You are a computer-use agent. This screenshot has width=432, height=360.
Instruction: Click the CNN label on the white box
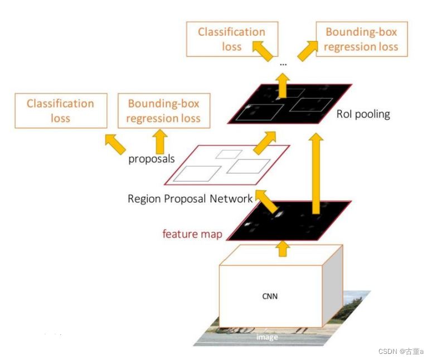click(270, 296)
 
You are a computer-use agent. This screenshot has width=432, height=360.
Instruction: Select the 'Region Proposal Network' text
click(190, 199)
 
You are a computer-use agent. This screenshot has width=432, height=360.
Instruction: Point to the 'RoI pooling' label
click(363, 114)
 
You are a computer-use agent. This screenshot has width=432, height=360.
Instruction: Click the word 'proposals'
click(152, 159)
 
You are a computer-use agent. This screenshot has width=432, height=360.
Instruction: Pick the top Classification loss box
click(232, 39)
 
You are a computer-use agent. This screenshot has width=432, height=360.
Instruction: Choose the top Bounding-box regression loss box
click(361, 39)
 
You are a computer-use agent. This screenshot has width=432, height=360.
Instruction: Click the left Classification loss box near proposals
click(60, 110)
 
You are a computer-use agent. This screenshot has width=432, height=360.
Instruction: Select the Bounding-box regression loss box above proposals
click(163, 110)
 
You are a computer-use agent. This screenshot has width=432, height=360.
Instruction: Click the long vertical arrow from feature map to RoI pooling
click(317, 173)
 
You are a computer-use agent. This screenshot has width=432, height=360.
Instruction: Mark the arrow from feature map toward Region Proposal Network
click(267, 202)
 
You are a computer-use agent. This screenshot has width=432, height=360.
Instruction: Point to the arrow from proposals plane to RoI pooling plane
click(265, 143)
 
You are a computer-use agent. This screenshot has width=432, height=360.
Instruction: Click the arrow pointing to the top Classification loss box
click(262, 51)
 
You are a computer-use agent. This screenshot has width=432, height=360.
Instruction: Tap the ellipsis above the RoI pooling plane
click(283, 65)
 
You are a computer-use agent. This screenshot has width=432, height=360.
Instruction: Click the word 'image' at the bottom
click(267, 337)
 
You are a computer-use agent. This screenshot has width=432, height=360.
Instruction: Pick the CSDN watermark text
click(401, 352)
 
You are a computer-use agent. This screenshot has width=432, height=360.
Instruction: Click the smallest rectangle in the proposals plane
click(229, 153)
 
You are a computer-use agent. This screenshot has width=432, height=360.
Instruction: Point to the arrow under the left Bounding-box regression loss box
click(161, 140)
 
